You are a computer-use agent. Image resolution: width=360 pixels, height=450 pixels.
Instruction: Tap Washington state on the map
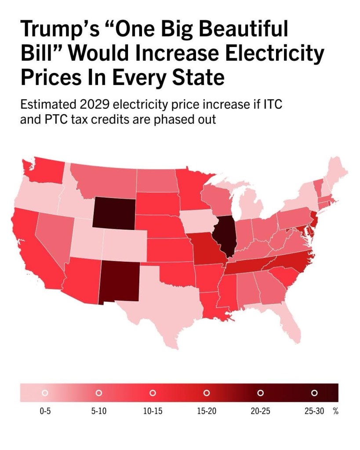pos(44,171)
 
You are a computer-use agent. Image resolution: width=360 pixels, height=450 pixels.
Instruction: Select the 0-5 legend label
pos(44,412)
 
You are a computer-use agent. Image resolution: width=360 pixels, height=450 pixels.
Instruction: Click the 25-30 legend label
pos(315,412)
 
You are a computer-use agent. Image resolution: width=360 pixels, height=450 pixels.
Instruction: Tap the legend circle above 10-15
pos(153,392)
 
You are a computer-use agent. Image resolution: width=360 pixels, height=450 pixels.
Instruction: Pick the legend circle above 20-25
pos(260,392)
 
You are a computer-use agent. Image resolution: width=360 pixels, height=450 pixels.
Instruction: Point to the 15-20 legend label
pos(207,412)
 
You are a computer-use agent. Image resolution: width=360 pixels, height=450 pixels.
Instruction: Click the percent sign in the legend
pos(335,412)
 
